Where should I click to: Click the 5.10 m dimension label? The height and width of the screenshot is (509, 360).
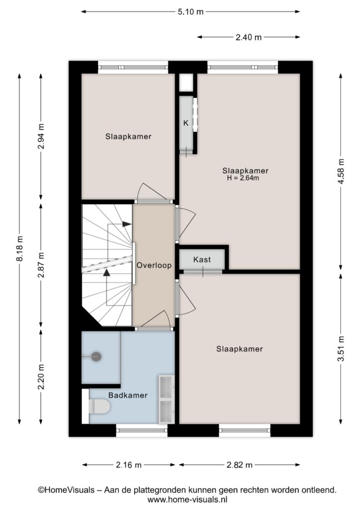[190, 12]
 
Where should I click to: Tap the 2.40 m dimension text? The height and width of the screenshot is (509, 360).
[248, 37]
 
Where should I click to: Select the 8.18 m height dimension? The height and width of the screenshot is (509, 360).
[20, 249]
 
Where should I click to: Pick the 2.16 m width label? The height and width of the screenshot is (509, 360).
[129, 465]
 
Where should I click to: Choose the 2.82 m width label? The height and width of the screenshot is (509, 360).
[239, 465]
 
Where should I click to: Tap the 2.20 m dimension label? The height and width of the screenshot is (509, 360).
[41, 377]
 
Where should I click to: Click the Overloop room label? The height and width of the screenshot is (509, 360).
[154, 265]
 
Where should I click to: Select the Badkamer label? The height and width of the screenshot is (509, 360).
[128, 395]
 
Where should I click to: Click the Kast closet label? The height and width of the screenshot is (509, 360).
[202, 259]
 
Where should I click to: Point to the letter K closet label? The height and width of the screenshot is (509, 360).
[186, 123]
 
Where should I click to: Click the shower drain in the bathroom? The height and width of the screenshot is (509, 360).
[96, 356]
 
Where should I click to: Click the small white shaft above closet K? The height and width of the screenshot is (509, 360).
[186, 83]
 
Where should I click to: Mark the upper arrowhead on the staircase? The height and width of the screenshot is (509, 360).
[127, 224]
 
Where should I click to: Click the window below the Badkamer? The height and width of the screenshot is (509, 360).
[142, 430]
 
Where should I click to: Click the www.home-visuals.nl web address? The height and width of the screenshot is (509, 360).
[187, 499]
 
